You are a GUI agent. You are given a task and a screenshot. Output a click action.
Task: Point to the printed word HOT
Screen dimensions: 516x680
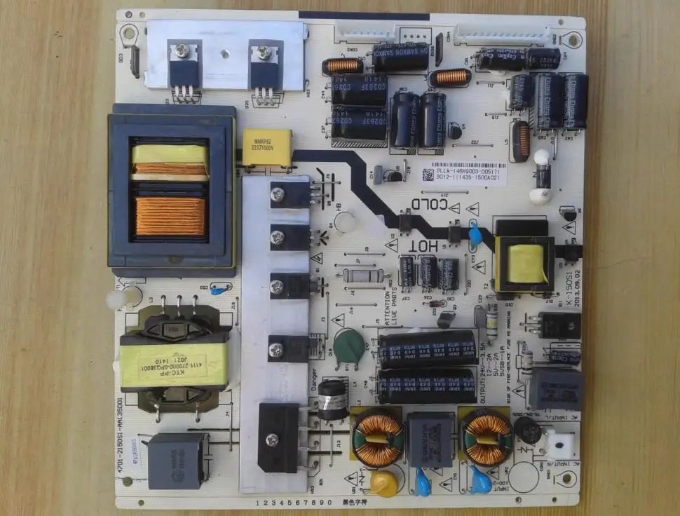pos(423,245)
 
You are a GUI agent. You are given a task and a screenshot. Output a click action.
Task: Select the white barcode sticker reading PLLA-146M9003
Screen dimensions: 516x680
pos(463,174)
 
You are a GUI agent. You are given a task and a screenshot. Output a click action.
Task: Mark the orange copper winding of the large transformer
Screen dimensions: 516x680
pos(170,216)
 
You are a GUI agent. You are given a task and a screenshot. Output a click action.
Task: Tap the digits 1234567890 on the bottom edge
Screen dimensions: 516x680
pos(295,503)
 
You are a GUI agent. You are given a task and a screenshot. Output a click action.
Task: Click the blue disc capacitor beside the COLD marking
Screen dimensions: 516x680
pos(475,236)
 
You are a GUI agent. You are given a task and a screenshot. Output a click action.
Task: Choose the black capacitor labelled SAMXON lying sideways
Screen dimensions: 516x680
pos(401,56)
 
